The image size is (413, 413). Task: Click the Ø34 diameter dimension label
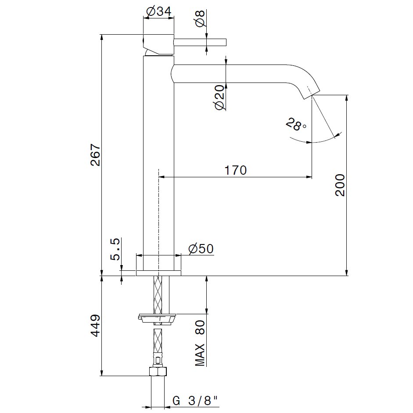point(159,11)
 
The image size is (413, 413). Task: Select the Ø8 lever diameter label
point(201,18)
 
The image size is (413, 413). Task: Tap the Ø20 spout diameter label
point(220,97)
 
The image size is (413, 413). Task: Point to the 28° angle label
point(296,124)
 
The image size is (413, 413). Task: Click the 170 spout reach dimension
point(235,170)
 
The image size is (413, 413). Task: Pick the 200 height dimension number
point(340,185)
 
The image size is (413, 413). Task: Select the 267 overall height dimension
point(96,154)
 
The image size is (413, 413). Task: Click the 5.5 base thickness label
point(115,249)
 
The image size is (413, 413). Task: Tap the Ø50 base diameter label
point(201,249)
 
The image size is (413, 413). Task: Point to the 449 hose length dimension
point(96,326)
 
